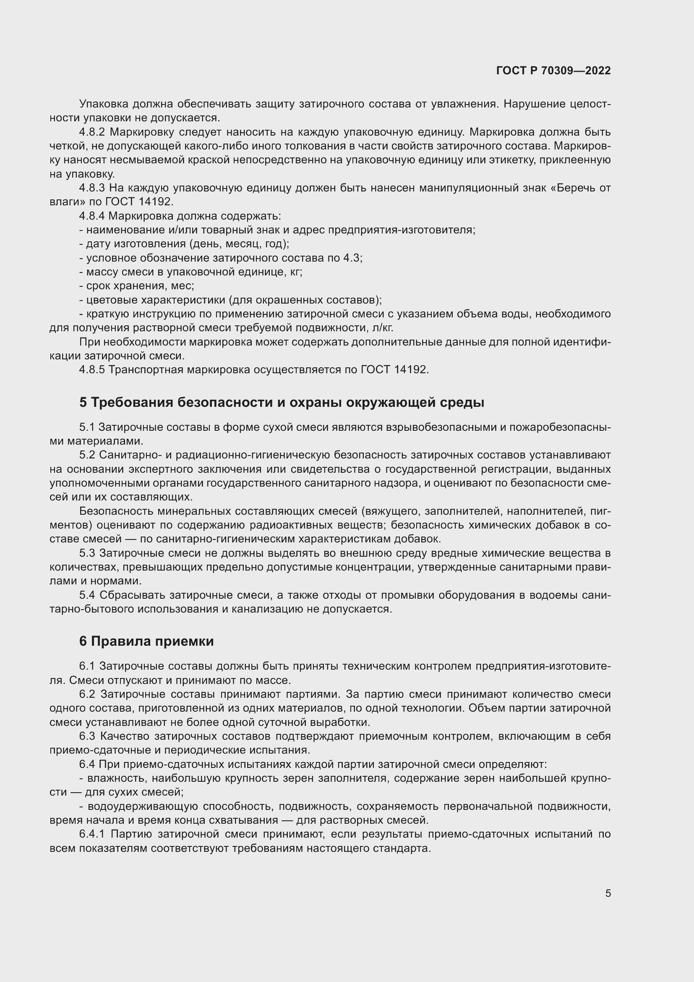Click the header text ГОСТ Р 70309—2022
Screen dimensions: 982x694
[553, 71]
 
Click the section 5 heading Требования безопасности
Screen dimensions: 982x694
[282, 403]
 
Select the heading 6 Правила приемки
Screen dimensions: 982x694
[146, 641]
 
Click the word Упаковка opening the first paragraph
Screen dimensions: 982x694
[104, 104]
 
